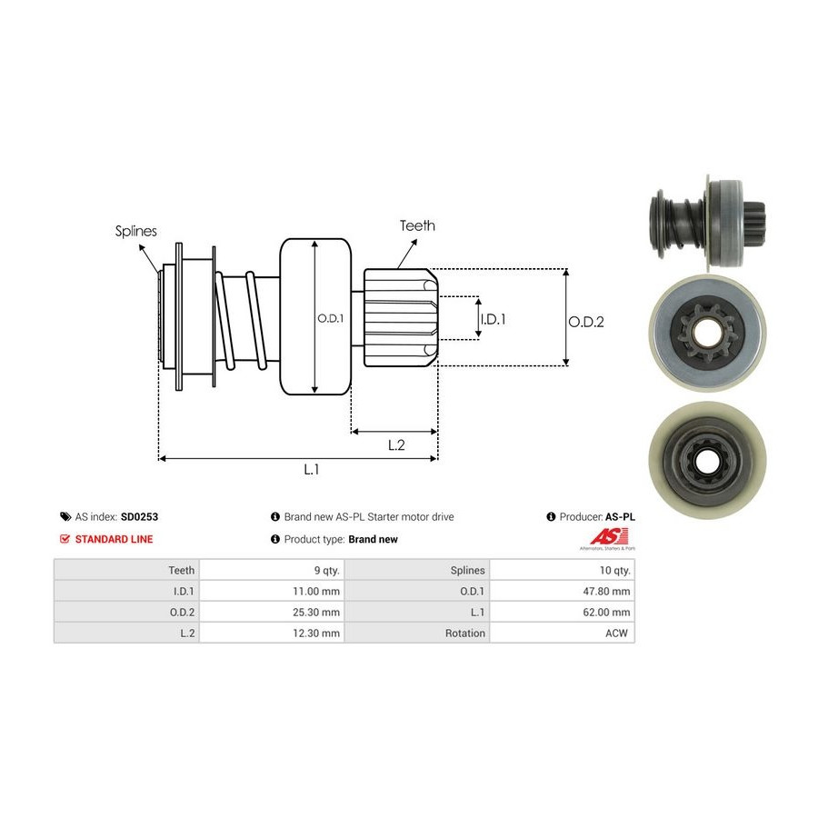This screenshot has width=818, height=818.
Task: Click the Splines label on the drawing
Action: pos(135,231)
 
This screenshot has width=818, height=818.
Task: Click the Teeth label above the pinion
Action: pos(417,225)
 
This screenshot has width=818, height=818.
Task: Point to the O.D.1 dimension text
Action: pos(330,318)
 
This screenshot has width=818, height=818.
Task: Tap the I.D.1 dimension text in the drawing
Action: pos(492,319)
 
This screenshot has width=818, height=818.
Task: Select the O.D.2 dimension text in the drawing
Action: pos(586,321)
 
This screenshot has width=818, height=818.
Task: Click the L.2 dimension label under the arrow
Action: pos(395,444)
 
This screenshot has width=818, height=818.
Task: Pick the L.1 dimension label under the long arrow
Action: pos(311,469)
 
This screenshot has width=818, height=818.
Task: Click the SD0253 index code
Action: pos(139,516)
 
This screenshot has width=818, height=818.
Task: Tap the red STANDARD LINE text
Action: pos(114,539)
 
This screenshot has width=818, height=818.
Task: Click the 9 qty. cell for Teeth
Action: pos(324,570)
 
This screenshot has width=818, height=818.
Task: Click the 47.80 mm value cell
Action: pos(608,591)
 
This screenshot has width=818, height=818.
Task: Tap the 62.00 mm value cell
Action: pos(608,612)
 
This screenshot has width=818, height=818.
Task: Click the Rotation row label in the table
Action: pos(465,633)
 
